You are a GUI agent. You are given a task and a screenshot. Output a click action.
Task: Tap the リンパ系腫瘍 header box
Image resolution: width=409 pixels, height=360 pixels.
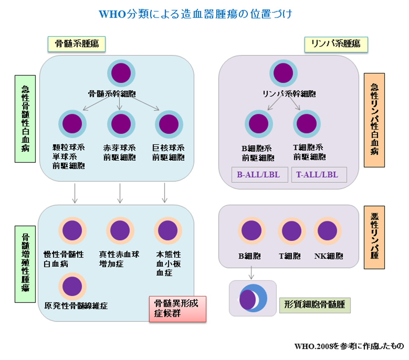pyautogui.click(x=336, y=44)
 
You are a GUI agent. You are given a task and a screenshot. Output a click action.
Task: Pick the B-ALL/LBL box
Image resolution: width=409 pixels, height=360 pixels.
pyautogui.click(x=259, y=175)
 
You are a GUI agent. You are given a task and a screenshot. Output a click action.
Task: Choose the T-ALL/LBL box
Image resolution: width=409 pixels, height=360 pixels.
pyautogui.click(x=319, y=175)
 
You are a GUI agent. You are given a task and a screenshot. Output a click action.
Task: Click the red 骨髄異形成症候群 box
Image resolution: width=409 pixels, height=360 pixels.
pyautogui.click(x=177, y=309)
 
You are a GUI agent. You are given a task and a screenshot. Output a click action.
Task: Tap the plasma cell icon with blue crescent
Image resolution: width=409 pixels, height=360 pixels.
pyautogui.click(x=252, y=298)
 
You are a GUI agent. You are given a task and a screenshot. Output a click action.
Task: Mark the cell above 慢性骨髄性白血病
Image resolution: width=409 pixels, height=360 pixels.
pyautogui.click(x=72, y=231)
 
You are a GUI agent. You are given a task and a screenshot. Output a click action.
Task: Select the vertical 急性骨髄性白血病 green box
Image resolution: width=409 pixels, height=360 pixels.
pyautogui.click(x=25, y=119)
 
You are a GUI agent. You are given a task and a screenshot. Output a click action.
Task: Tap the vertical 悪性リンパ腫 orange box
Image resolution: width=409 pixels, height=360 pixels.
pyautogui.click(x=374, y=237)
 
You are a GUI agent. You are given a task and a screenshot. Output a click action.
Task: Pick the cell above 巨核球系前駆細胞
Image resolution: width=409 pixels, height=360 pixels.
pyautogui.click(x=169, y=124)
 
